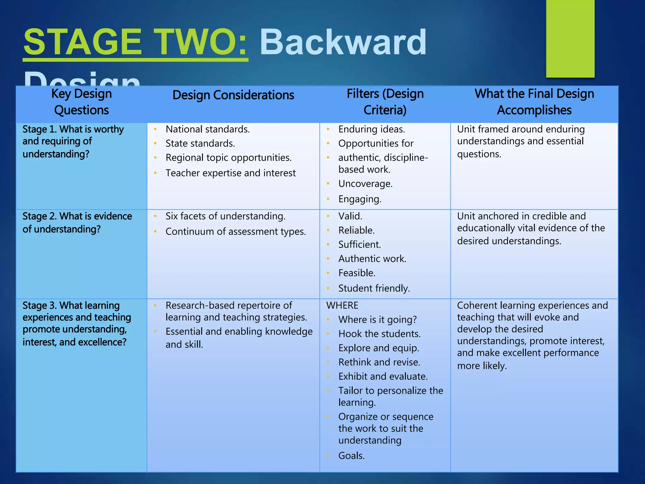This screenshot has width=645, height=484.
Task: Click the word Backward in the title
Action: coord(343,42)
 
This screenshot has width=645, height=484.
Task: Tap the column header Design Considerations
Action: coord(233,95)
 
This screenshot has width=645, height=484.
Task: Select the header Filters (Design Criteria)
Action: coord(385,102)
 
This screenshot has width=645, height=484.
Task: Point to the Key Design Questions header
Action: coord(81,102)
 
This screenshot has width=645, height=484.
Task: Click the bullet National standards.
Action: coord(208,129)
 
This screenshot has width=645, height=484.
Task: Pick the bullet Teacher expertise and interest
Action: coord(231,173)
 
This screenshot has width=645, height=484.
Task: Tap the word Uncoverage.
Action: coord(365,184)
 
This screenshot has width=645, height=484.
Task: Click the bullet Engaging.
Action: coord(360,199)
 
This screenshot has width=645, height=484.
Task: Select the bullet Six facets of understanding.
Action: coord(225,216)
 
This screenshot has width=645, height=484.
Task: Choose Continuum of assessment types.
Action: coord(236,232)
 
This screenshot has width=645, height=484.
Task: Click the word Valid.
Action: coord(350,216)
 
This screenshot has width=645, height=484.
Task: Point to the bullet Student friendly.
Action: coord(374,288)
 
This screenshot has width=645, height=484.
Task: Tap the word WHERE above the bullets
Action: coord(342,305)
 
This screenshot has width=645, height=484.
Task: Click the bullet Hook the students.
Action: coord(379,334)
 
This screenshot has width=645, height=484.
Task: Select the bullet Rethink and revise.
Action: coord(379,362)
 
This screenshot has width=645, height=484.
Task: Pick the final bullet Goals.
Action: coord(351,456)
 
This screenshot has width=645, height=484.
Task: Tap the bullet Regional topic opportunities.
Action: coord(228,158)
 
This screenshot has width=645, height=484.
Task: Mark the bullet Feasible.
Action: coord(357,273)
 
